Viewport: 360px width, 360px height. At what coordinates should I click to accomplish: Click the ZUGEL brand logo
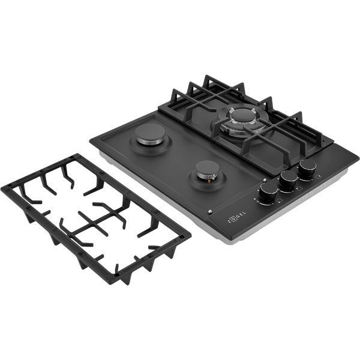(236, 217)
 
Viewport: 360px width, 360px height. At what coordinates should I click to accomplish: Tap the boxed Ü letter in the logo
(233, 218)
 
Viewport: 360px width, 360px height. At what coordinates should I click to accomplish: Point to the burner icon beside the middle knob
(299, 188)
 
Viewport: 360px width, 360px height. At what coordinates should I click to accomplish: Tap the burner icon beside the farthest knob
(318, 176)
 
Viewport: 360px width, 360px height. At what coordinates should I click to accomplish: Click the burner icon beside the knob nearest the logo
(280, 200)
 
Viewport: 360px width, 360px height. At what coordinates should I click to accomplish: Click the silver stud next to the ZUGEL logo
(210, 212)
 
